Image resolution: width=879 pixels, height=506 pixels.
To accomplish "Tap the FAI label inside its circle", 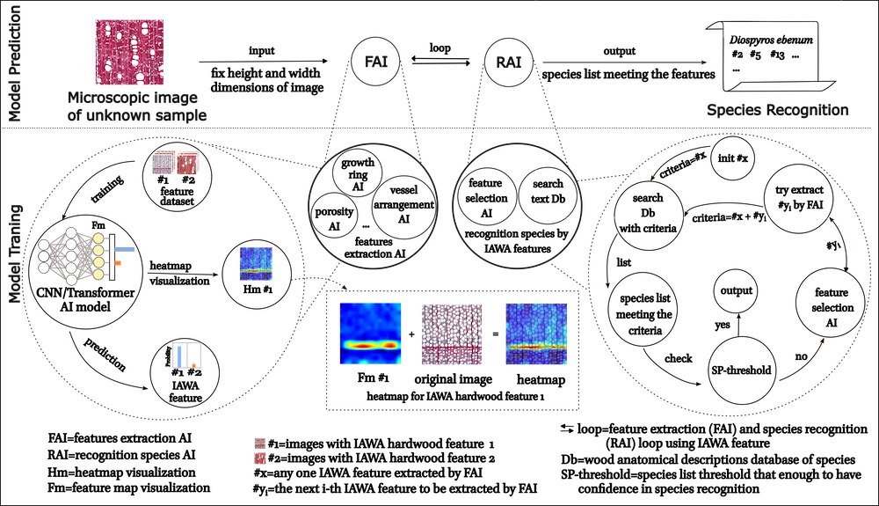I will click(375, 62).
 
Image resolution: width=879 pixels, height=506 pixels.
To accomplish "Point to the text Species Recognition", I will click(777, 111).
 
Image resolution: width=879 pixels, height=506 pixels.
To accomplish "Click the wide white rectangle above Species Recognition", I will click(770, 31).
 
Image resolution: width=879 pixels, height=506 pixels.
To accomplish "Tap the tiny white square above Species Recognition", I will click(816, 85).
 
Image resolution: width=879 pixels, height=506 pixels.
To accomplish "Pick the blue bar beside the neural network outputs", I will click(125, 250).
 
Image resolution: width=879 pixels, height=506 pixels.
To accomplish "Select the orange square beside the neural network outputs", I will click(118, 262).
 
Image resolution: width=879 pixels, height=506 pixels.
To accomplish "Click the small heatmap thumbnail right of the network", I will click(256, 264).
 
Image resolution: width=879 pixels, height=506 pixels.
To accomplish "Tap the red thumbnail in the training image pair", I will click(188, 163).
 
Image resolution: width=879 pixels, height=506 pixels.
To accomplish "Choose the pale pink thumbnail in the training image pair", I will click(163, 163).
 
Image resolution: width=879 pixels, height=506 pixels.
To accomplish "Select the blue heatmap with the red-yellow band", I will click(370, 334).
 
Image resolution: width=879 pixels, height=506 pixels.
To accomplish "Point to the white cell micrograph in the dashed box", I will click(452, 334).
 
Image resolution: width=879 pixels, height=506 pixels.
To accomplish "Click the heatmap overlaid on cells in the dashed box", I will click(535, 334).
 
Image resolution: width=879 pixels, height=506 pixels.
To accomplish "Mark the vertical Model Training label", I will click(15, 255).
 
